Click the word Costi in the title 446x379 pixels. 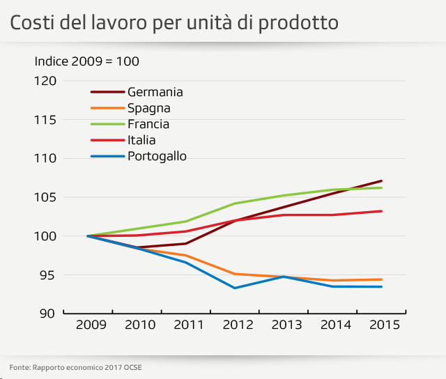point(30,23)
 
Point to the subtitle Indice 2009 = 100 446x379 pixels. point(87,61)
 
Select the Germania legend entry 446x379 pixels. point(155,92)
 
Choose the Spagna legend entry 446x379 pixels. point(148,108)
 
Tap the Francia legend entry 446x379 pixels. point(148,124)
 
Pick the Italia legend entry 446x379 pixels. point(141,140)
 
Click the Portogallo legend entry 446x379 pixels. point(157,156)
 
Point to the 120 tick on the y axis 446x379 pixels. point(45,81)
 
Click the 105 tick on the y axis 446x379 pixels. point(45,197)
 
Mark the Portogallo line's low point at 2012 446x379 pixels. point(234,288)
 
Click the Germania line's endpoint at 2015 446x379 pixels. point(381,181)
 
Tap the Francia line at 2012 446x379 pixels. point(234,203)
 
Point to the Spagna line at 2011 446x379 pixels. point(185,256)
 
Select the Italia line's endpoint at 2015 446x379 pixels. point(381,211)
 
